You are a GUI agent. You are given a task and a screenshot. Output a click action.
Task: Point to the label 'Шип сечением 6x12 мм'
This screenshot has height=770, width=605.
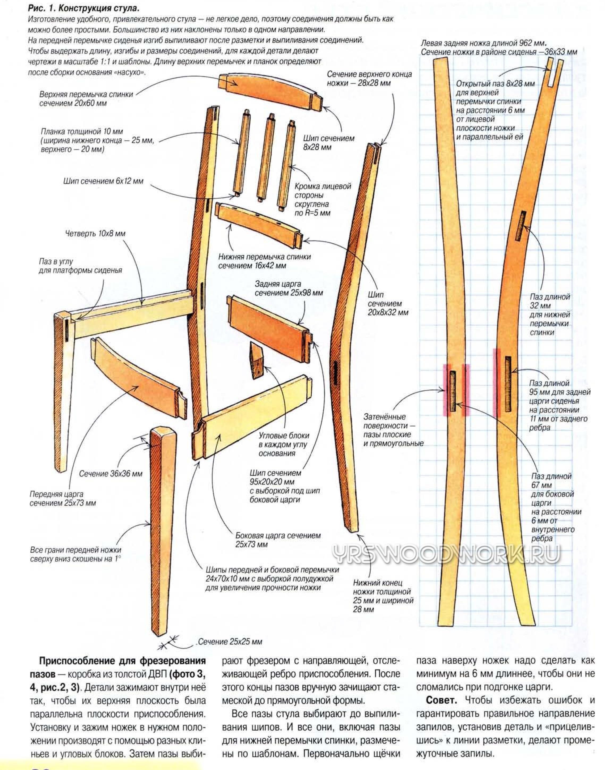103,181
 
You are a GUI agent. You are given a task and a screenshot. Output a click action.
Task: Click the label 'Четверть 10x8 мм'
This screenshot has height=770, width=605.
95,234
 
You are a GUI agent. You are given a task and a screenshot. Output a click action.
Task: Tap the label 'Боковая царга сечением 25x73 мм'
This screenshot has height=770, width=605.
278,540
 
